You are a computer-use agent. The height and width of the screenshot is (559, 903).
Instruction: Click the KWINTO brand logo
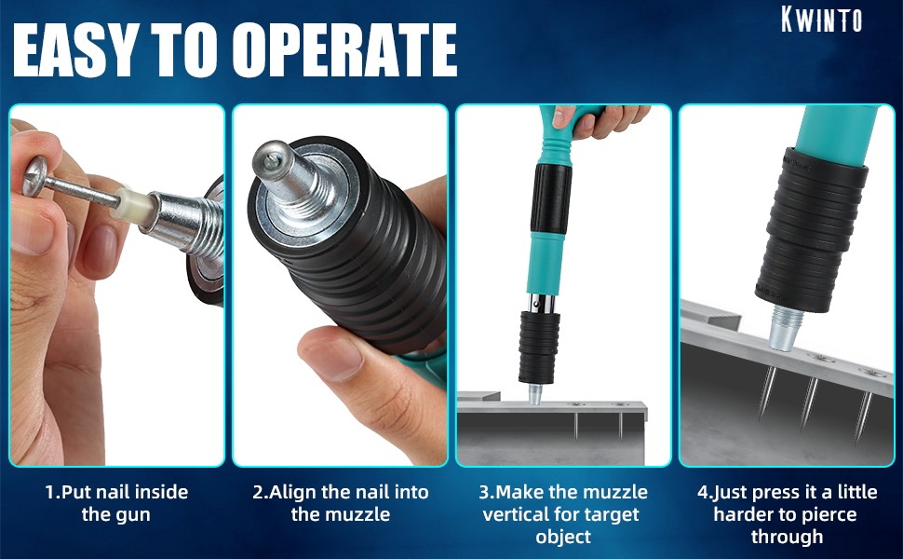822,19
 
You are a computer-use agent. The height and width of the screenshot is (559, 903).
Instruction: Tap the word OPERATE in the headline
344,50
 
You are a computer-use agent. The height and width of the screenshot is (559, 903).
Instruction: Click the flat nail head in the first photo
34,176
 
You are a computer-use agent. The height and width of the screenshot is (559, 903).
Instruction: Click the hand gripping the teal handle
599,120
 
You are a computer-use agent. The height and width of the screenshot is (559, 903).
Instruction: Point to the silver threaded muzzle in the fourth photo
786,329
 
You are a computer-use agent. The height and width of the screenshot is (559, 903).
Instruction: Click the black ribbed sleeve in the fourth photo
811,230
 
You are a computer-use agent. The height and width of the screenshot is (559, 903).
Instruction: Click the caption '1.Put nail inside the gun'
116,503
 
